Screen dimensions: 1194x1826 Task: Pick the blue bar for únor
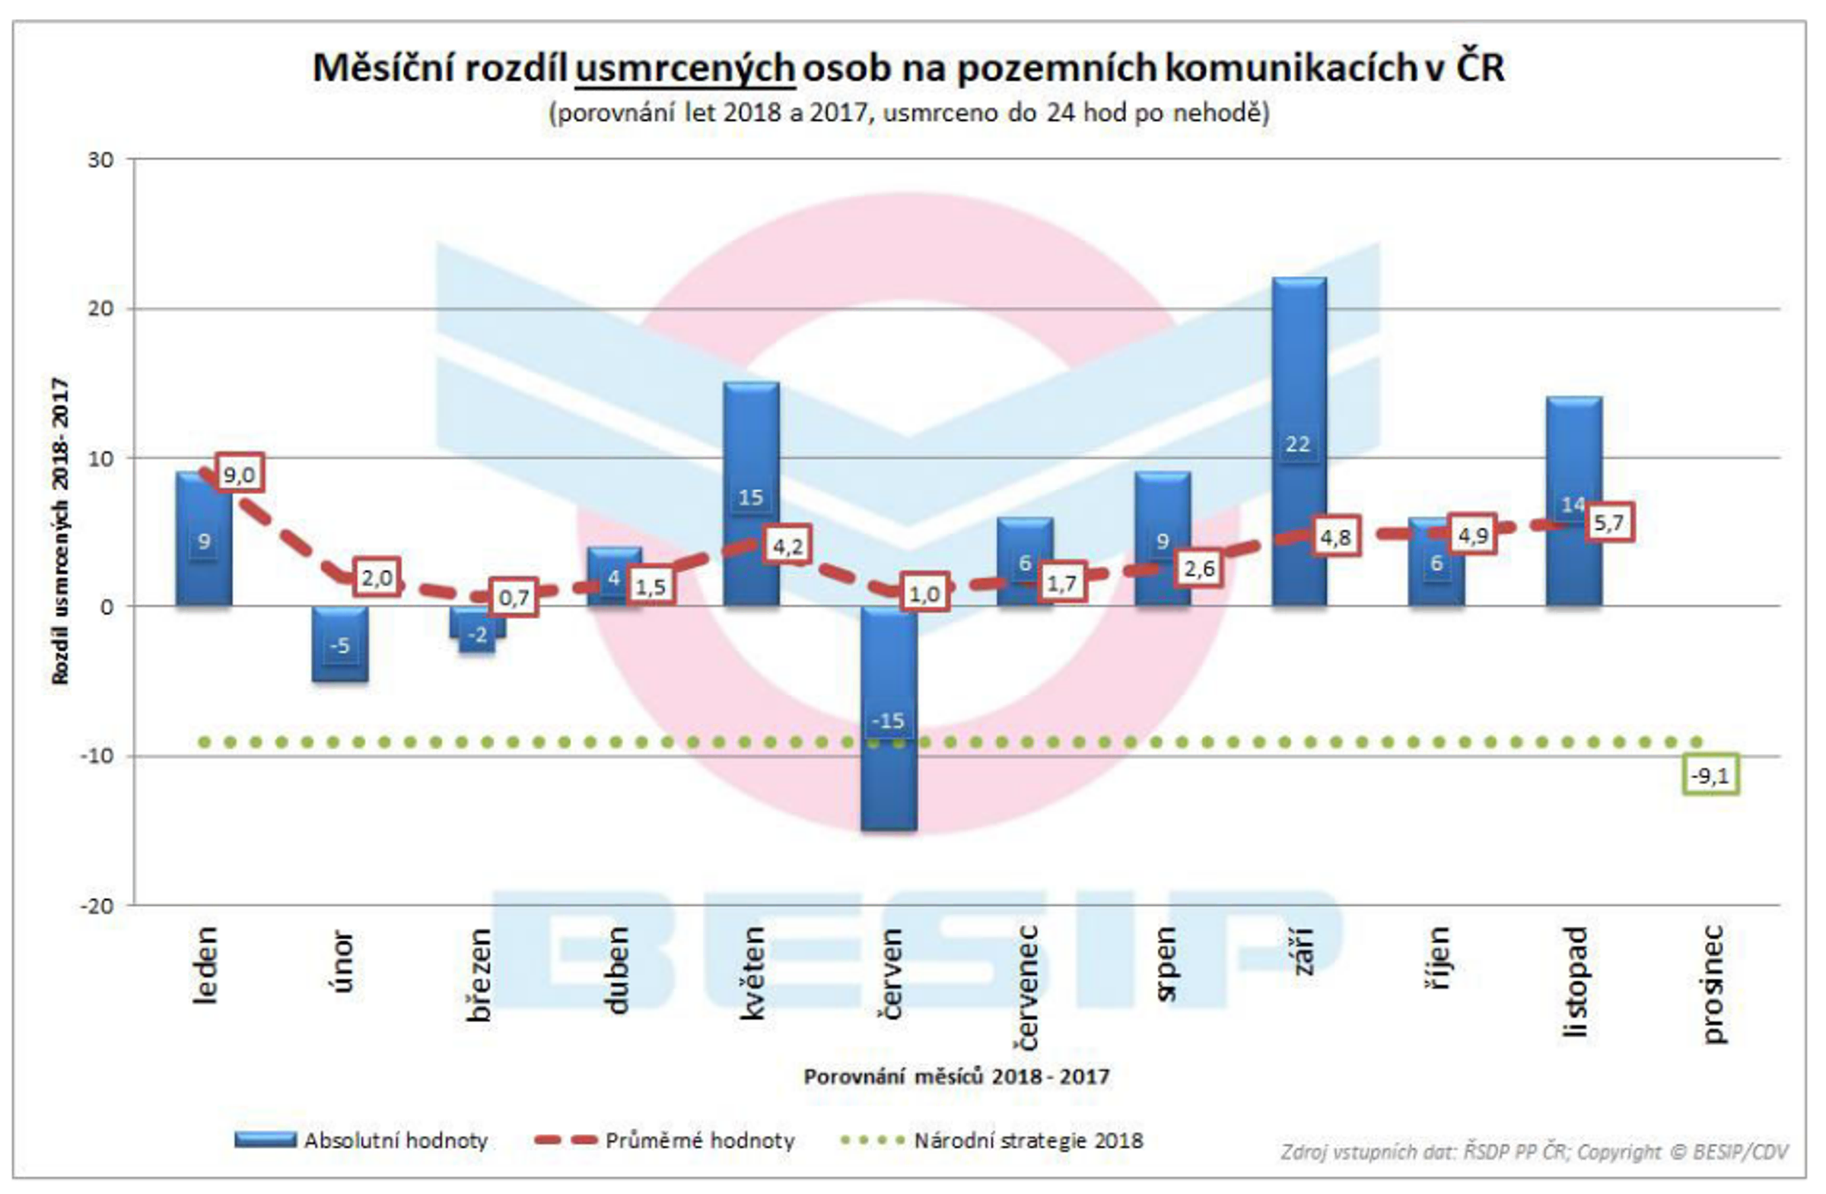click(340, 644)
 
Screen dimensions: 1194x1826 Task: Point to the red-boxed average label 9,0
click(239, 475)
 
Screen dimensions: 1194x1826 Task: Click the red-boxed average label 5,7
click(1609, 523)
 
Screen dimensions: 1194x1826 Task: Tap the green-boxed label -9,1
click(1710, 776)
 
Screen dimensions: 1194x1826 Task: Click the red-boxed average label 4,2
click(787, 547)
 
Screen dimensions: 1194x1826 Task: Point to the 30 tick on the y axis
click(100, 160)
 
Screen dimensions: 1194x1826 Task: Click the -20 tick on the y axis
click(97, 907)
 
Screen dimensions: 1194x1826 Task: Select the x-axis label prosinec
click(1712, 986)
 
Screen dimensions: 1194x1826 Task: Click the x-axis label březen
click(479, 976)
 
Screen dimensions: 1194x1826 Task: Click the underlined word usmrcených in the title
click(684, 68)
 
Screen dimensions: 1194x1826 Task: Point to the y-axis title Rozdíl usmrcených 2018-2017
click(61, 531)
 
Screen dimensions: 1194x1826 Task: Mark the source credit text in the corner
click(1534, 1152)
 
